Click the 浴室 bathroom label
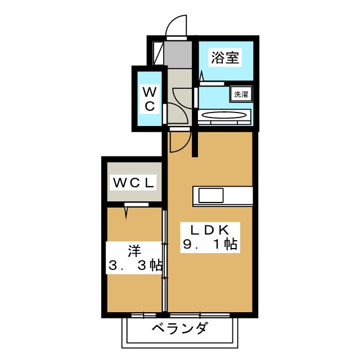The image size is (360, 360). (x=225, y=57)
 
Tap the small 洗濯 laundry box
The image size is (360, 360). (x=241, y=94)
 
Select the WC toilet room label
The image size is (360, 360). (x=149, y=98)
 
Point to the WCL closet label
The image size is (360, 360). (x=133, y=182)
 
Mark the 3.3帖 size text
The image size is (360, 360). (x=135, y=265)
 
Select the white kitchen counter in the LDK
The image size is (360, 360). (x=223, y=195)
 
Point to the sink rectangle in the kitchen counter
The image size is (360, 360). (x=210, y=195)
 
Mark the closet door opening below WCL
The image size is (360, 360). (x=137, y=205)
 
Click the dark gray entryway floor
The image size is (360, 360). (x=179, y=54)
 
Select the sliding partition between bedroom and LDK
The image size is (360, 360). (x=165, y=259)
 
